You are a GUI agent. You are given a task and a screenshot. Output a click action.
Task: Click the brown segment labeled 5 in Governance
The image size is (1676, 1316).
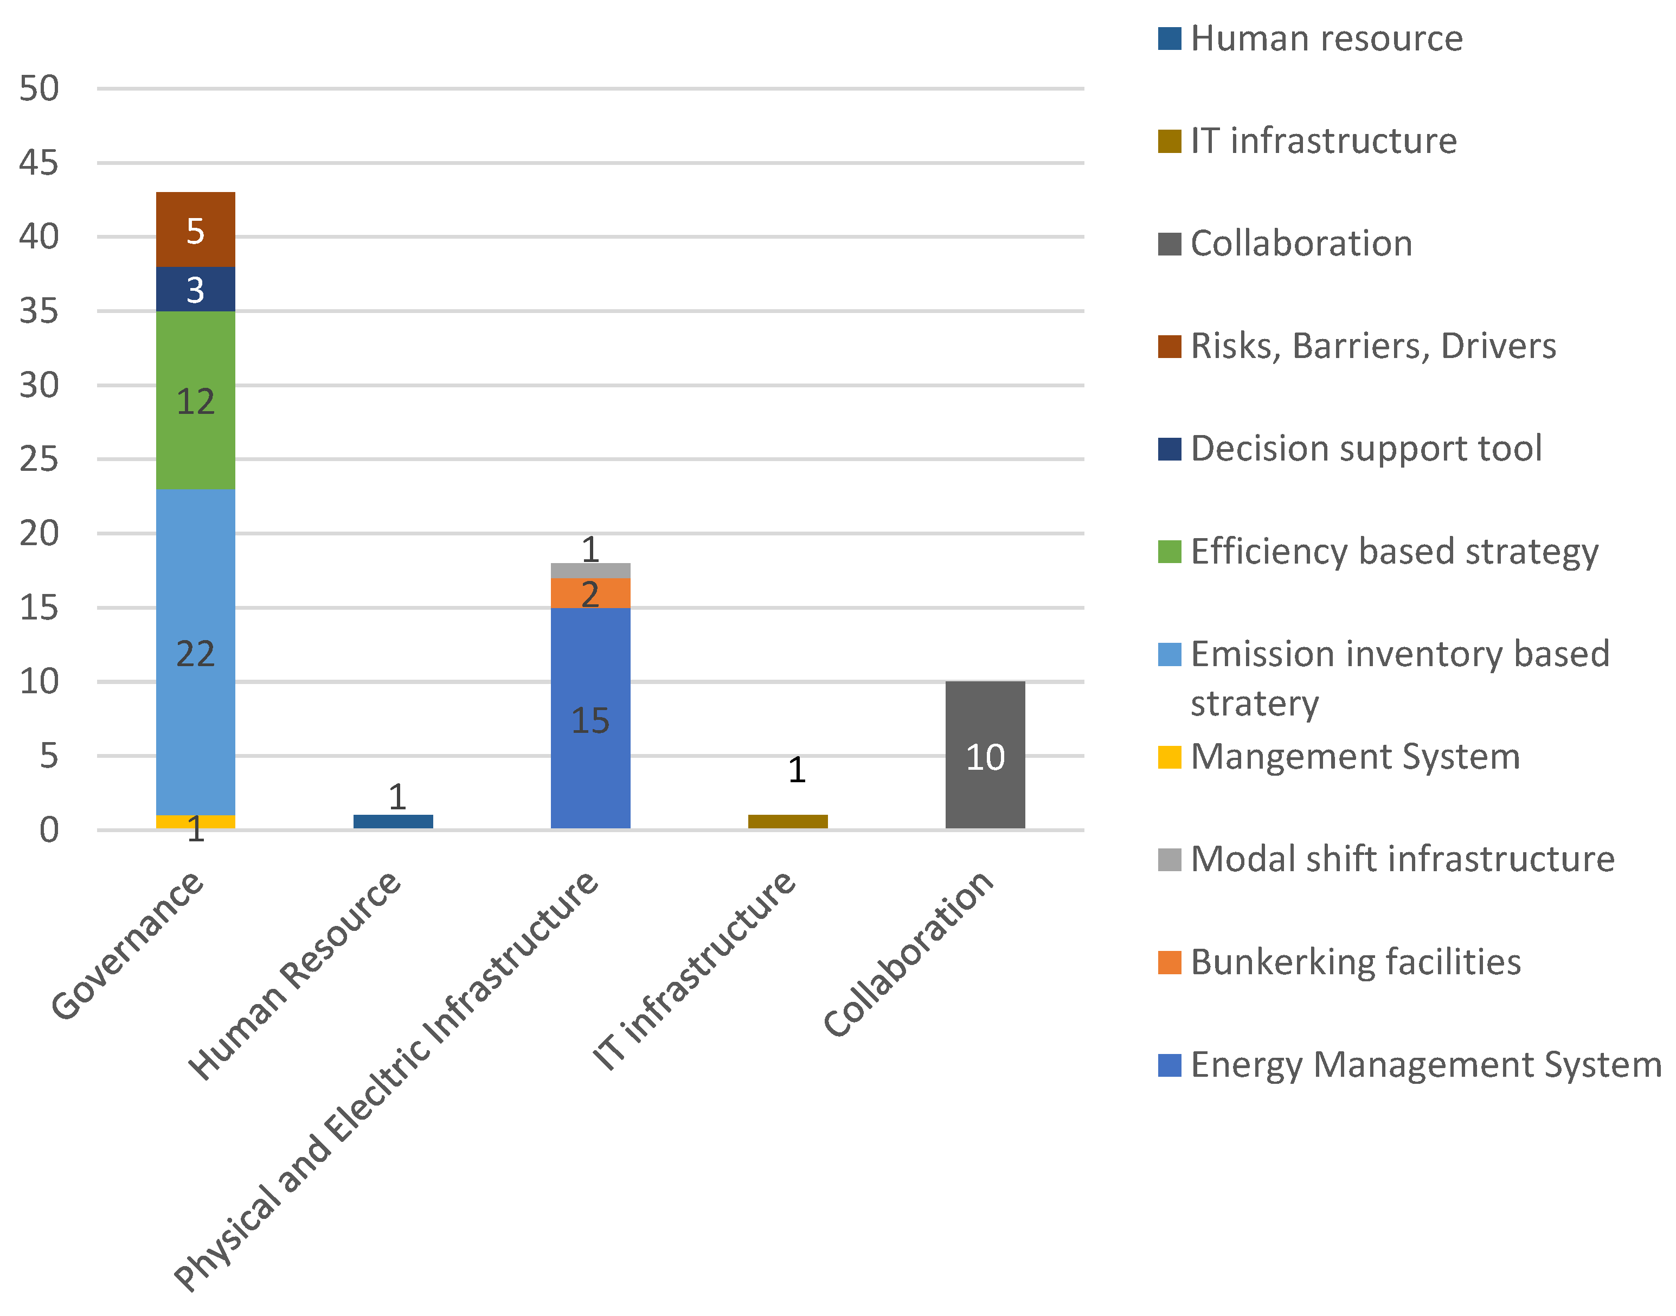click(x=196, y=229)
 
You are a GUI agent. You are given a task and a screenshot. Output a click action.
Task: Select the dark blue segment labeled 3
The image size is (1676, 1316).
click(x=196, y=289)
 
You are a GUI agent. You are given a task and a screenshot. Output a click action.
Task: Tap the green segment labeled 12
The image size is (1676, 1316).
click(x=196, y=401)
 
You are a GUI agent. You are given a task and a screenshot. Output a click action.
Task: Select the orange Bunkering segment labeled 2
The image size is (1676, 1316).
click(x=590, y=593)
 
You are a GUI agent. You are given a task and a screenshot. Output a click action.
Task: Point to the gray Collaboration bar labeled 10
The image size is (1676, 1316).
click(x=985, y=755)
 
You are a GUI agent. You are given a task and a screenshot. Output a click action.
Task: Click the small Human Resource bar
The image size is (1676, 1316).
click(x=393, y=821)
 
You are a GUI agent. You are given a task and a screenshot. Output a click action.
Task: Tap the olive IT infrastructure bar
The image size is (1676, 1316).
click(x=787, y=821)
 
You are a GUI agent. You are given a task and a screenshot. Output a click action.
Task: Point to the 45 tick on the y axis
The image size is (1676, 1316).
click(x=38, y=163)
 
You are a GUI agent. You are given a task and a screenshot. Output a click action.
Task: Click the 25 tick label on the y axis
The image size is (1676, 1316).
click(x=38, y=460)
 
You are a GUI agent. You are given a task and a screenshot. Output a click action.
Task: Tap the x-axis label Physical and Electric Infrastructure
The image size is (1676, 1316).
click(x=385, y=1079)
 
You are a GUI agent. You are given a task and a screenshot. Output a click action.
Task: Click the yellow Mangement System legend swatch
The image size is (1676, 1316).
click(x=1169, y=757)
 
